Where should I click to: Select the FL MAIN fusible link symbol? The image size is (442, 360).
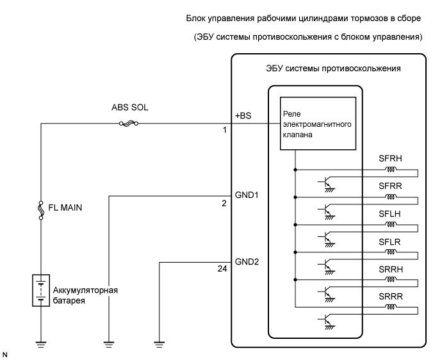point(41,209)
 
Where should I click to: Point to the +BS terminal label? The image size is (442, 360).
point(243,117)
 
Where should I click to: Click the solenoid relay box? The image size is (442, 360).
point(317,124)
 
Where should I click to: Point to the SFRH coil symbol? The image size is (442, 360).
point(388,170)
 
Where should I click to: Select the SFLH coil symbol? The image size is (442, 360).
point(388,225)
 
